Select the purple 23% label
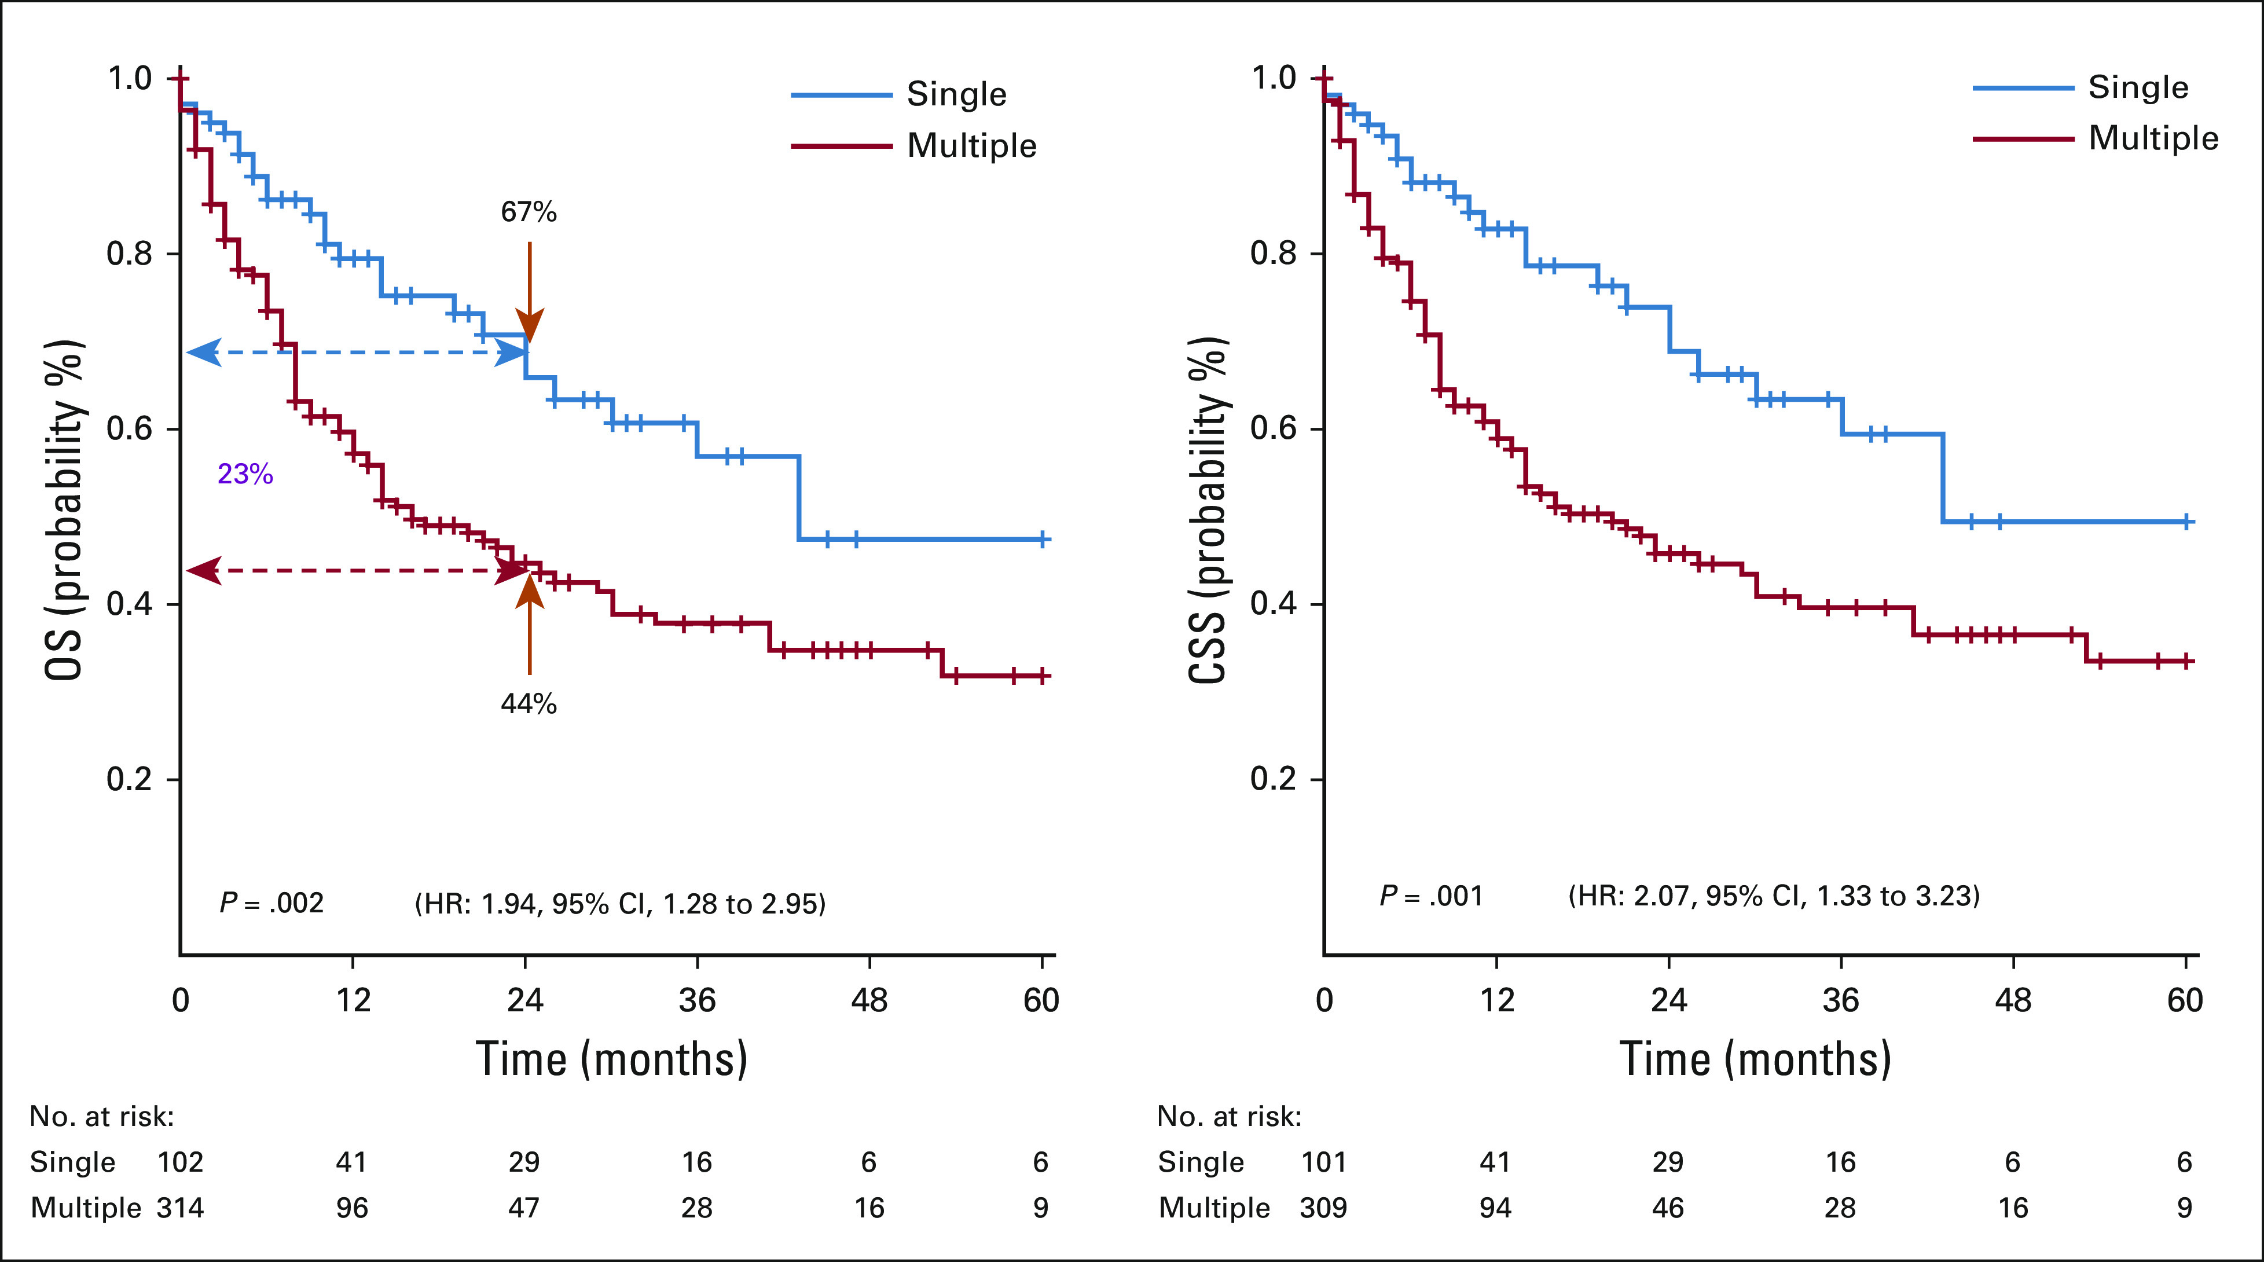(245, 475)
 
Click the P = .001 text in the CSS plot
(1431, 896)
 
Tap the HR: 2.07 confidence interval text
(1774, 896)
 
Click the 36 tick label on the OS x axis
(697, 1000)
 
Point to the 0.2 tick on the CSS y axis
(1274, 779)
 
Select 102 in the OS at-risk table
(180, 1162)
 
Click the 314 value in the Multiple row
(180, 1208)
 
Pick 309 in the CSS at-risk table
(1323, 1208)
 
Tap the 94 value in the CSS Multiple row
(1495, 1208)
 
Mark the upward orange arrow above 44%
(529, 624)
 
